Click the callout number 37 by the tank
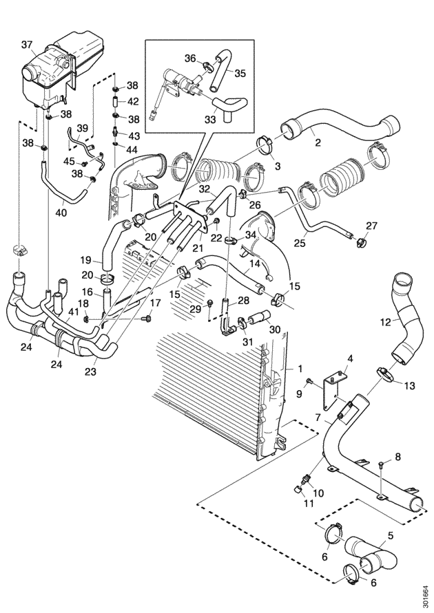pos(27,45)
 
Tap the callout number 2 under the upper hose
pos(318,142)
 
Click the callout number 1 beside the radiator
pos(300,368)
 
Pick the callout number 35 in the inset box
pos(240,73)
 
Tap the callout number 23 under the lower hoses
pos(90,371)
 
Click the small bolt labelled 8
pos(382,464)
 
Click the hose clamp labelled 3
pos(266,145)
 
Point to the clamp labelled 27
pos(358,244)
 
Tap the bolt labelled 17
pos(148,319)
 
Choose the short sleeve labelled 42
pos(116,101)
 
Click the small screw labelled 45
pos(85,163)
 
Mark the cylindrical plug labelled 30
pos(259,316)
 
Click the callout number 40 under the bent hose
pos(61,213)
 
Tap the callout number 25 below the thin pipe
pos(300,244)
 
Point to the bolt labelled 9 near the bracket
pos(309,380)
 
